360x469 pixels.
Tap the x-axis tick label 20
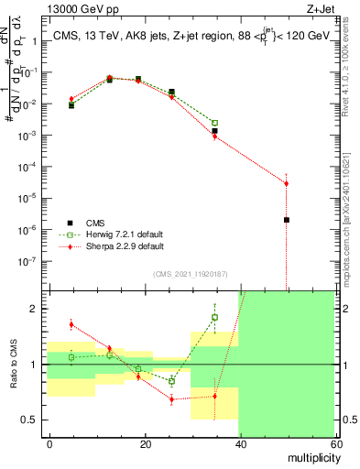point(146,443)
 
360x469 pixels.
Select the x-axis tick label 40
point(241,443)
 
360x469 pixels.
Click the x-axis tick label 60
point(335,443)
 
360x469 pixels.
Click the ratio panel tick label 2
point(37,309)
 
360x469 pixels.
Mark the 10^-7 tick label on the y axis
point(31,260)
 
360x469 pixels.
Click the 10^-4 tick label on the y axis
point(31,167)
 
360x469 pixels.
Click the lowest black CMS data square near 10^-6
point(287,220)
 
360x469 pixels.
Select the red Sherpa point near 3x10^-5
point(287,183)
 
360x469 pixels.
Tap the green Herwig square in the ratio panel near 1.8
point(214,318)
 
